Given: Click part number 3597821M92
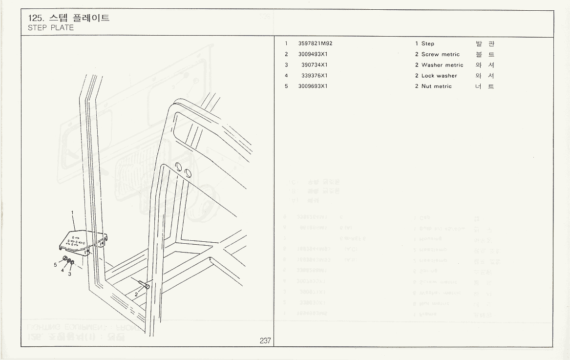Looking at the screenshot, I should [315, 43].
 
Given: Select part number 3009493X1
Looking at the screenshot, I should [313, 54].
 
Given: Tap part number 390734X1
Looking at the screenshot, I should [314, 65].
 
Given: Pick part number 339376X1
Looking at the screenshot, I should [314, 76].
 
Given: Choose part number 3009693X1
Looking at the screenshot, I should [313, 86].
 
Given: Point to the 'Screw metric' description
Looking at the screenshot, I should [440, 54].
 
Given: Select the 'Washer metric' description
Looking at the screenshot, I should [442, 65].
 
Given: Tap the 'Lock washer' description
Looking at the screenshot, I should [439, 76].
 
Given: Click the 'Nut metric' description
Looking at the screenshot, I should [436, 86].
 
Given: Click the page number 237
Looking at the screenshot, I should [265, 341].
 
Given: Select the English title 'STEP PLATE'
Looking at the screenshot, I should [51, 27].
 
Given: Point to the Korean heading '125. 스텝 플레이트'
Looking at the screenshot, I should [69, 18].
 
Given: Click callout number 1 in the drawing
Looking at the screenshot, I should [72, 213].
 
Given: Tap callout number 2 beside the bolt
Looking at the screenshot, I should [136, 294].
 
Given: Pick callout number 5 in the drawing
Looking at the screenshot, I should [55, 264].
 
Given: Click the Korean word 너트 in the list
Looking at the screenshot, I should [485, 86].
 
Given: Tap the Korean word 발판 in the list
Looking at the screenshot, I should [485, 43].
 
